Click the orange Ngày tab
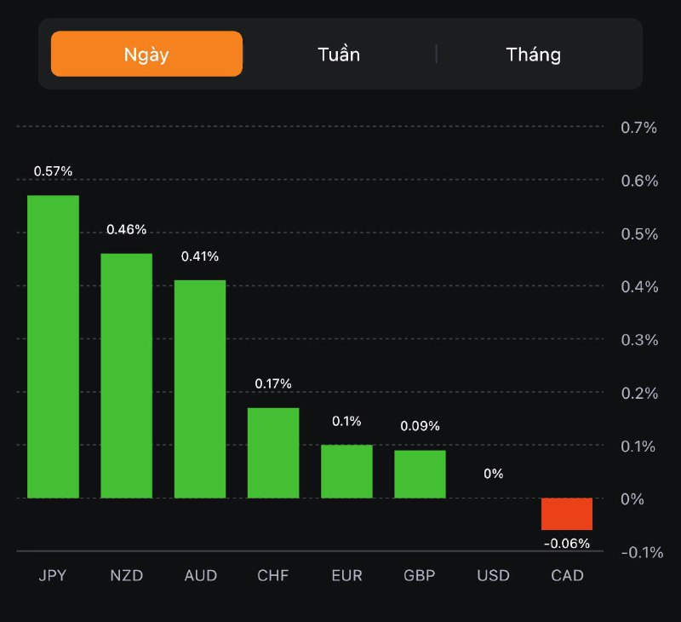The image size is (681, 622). click(146, 55)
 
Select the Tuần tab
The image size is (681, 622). click(339, 55)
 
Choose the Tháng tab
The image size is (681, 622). click(534, 55)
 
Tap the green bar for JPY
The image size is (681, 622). click(53, 347)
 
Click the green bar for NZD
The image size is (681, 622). click(127, 376)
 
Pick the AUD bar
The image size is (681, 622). click(200, 389)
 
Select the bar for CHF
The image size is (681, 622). click(273, 452)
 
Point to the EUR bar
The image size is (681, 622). click(346, 471)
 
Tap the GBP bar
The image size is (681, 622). click(420, 474)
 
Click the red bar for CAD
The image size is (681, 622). click(567, 514)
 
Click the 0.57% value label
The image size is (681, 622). click(53, 171)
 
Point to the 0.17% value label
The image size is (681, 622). click(273, 384)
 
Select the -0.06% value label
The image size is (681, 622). click(567, 544)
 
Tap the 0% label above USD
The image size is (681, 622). click(494, 474)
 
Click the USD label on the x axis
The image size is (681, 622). click(494, 575)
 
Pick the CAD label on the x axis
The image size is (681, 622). click(567, 575)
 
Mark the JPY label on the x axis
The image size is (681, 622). click(53, 575)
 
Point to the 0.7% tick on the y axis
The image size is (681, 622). click(639, 128)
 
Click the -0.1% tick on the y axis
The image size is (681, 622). click(642, 552)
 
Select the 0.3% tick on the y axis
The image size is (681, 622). click(639, 340)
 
